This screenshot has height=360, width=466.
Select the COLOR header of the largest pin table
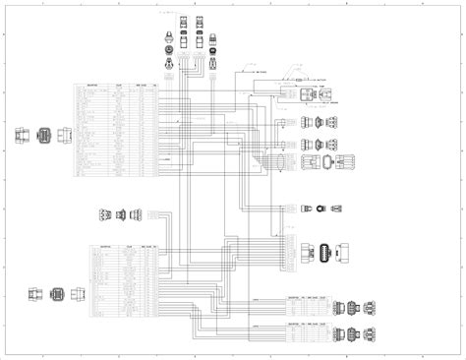click(x=119, y=86)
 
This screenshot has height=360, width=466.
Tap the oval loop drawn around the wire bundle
click(x=281, y=162)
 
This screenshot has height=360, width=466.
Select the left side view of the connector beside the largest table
click(x=21, y=136)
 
